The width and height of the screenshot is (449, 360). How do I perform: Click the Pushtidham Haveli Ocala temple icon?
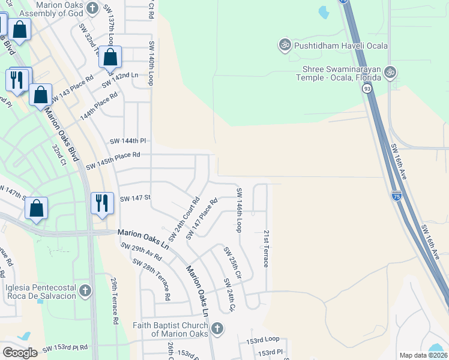[x=285, y=45]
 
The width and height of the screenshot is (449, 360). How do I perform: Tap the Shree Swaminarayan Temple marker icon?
[x=391, y=72]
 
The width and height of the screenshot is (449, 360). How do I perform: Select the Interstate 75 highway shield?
[x=396, y=196]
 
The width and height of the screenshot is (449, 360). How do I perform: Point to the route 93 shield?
[x=366, y=89]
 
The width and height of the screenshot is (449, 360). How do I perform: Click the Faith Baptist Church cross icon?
[x=217, y=328]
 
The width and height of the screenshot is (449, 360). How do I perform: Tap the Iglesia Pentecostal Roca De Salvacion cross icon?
[x=85, y=292]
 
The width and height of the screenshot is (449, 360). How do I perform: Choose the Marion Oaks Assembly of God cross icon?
[x=92, y=8]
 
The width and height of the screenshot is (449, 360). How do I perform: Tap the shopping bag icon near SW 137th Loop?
[x=110, y=57]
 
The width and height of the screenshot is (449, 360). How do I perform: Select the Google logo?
[x=20, y=352]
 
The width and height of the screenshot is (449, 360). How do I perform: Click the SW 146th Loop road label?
[x=238, y=209]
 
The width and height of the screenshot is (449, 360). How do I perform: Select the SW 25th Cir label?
[x=232, y=263]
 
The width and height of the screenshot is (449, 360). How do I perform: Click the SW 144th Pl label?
[x=128, y=141]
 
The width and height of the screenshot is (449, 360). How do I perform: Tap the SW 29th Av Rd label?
[x=141, y=252]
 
